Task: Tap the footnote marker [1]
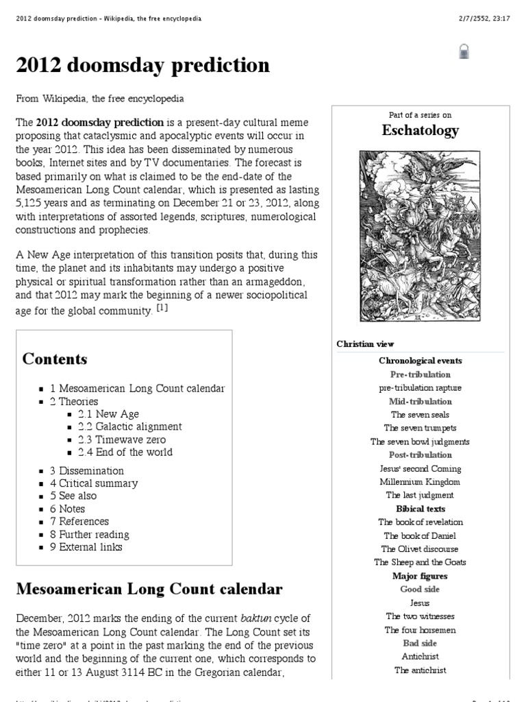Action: tap(162, 308)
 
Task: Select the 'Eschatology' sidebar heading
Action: tap(420, 130)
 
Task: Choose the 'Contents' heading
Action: tap(55, 359)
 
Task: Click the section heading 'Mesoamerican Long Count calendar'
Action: tap(149, 589)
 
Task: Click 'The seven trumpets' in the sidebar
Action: tap(420, 428)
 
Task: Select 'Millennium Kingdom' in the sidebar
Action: tap(420, 482)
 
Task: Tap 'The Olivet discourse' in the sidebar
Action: tap(420, 549)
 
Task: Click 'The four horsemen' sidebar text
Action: tap(420, 630)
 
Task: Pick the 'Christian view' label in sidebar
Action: tap(365, 344)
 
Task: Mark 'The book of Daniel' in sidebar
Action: tap(420, 536)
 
